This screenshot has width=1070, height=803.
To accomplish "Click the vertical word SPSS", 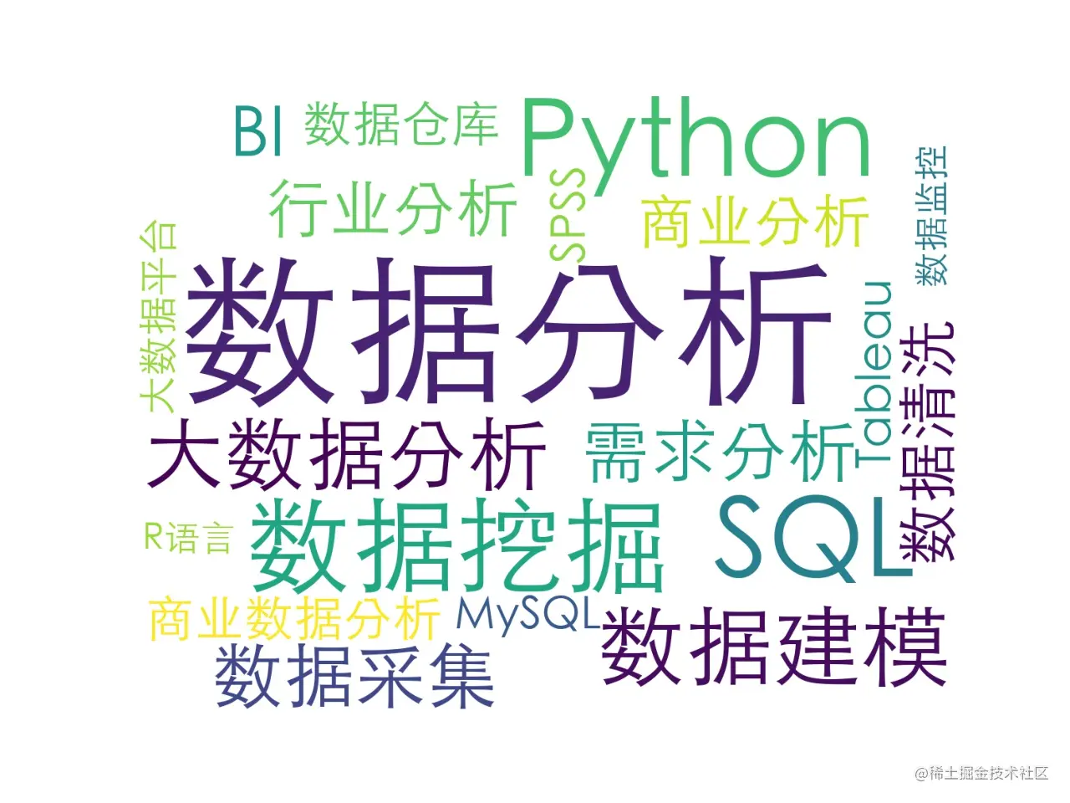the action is point(568,216).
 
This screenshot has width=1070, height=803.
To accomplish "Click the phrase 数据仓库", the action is point(402,124).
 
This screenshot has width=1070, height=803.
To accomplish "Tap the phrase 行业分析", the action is point(392,208).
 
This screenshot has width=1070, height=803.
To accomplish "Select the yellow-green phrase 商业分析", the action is point(756,222).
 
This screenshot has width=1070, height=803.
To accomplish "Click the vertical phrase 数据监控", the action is point(931,215).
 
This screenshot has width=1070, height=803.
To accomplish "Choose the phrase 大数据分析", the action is point(347,454).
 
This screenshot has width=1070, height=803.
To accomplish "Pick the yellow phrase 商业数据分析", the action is point(295,619).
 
